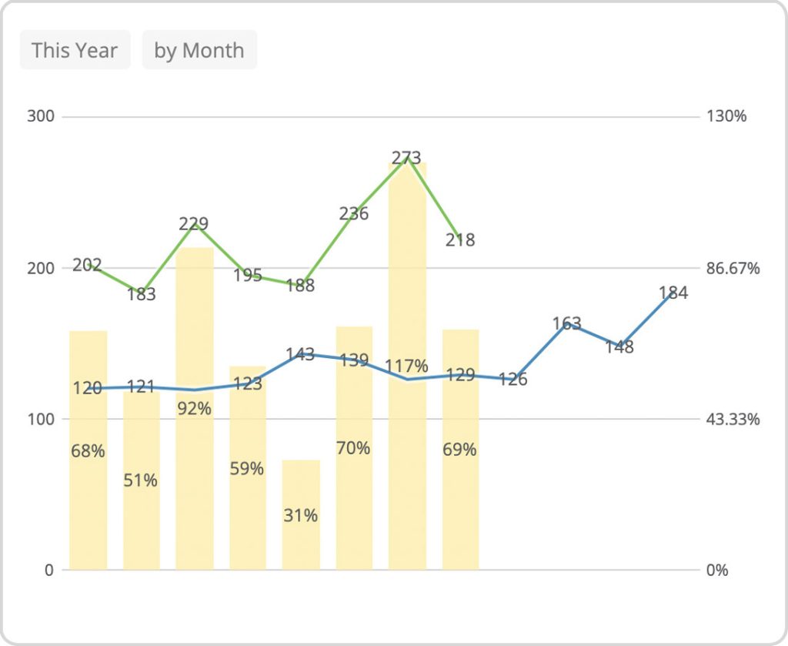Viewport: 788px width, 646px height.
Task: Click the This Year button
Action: [x=75, y=51]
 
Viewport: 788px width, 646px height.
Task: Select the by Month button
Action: [x=199, y=51]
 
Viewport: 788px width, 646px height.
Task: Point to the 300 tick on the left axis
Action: [x=41, y=116]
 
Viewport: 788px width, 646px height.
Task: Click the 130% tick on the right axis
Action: [x=726, y=116]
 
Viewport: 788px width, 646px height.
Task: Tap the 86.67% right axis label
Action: [x=733, y=268]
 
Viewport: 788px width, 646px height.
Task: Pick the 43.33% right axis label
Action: [x=733, y=419]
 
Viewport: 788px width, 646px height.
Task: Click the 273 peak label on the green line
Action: [x=406, y=158]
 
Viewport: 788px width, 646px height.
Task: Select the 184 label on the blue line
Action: [x=673, y=293]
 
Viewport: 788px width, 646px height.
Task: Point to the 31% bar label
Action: [x=300, y=515]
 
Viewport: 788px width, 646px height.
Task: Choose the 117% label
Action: [x=407, y=366]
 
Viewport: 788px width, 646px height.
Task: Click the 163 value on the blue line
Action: [x=566, y=323]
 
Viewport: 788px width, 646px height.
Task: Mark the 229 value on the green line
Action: [x=193, y=224]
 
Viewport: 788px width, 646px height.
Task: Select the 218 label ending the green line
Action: [x=460, y=240]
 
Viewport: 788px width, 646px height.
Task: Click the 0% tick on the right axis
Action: [x=716, y=571]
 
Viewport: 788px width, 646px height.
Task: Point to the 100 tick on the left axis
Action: [x=41, y=419]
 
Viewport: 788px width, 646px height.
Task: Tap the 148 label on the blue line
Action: [x=619, y=347]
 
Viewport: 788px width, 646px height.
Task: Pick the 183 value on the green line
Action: [x=141, y=294]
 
